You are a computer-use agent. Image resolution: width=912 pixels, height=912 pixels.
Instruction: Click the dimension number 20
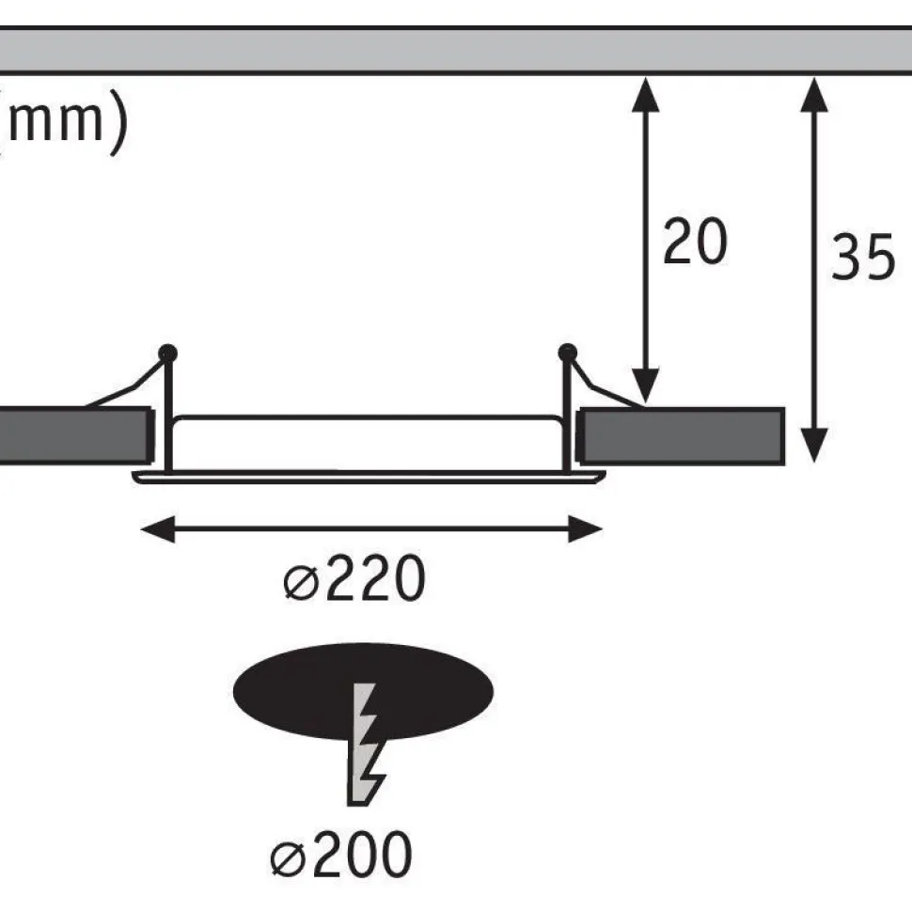tap(695, 242)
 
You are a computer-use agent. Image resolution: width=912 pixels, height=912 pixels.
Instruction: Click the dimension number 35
tap(863, 257)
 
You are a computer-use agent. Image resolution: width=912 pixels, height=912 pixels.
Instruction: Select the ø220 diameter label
tap(354, 578)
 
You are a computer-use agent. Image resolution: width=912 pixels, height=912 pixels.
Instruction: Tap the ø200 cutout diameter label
tap(341, 855)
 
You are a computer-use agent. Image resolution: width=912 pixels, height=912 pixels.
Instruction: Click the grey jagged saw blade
tap(365, 745)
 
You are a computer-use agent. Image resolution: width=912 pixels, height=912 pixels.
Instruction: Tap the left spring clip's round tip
tap(167, 354)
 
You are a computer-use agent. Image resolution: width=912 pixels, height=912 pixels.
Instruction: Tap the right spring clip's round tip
tap(567, 353)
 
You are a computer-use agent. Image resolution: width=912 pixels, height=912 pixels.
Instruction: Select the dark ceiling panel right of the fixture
tap(681, 436)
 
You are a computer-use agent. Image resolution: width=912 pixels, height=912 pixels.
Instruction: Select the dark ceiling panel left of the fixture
tap(75, 436)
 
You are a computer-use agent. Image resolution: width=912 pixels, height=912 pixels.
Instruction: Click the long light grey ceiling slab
tap(456, 51)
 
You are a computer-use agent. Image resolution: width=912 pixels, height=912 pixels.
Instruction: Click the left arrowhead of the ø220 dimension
tap(158, 528)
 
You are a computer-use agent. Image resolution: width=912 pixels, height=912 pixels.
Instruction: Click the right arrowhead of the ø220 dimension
tap(585, 528)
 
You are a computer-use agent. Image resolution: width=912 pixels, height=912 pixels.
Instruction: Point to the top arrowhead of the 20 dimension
tap(645, 94)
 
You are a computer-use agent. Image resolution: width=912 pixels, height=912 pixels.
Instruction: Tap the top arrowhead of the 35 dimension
tap(814, 94)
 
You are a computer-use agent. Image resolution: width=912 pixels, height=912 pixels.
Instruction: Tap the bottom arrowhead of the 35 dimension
tap(814, 446)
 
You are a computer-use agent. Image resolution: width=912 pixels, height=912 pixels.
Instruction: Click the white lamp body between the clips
tap(368, 443)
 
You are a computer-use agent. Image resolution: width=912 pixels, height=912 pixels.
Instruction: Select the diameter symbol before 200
tap(288, 859)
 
